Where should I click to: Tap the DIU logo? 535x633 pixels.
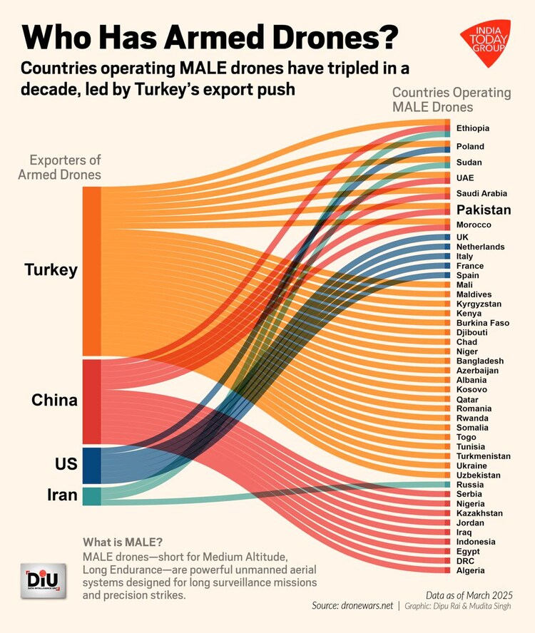pos(44,580)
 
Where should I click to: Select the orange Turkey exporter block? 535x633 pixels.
pos(91,271)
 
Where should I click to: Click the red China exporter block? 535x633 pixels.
pos(91,401)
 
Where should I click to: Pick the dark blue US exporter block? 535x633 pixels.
pos(91,465)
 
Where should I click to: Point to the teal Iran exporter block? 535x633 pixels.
pos(91,496)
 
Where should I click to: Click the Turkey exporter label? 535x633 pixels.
pos(51,270)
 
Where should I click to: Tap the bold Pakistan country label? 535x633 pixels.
pos(484,210)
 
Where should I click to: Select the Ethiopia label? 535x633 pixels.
pos(473,128)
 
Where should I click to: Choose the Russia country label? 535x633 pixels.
pos(469,485)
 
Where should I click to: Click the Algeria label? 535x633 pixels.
pos(471,570)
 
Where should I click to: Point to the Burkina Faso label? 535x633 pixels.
pos(483,323)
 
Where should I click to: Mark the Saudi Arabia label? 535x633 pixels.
pos(481,193)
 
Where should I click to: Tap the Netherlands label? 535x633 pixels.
pos(480,247)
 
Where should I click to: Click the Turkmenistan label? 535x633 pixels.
pos(483,456)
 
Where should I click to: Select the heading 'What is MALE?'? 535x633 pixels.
pos(121,540)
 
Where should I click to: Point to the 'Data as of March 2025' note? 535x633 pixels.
pos(469,594)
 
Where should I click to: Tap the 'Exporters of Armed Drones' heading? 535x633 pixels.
pos(65,168)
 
